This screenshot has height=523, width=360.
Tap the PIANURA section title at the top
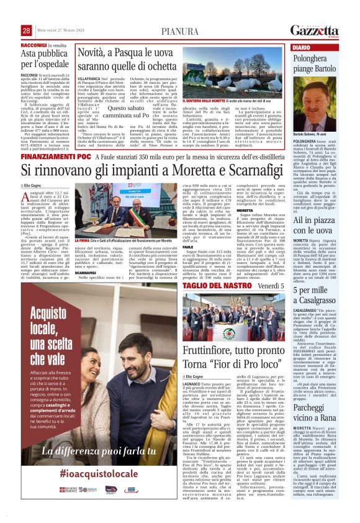(x=179, y=30)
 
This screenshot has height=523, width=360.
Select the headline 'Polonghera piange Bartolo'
(x=320, y=64)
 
